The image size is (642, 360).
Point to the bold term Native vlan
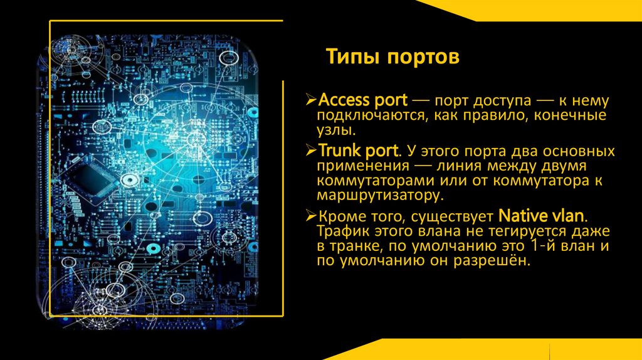click(x=542, y=216)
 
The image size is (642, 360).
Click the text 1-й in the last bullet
click(x=534, y=246)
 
